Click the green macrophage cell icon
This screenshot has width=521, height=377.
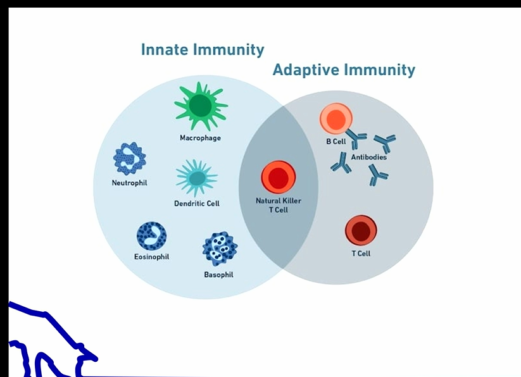[x=201, y=106]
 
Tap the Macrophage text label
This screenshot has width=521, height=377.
[x=201, y=138]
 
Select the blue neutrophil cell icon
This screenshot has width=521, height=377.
[x=129, y=158]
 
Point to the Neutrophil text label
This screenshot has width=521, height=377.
[x=129, y=183]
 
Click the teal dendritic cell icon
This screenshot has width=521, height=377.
[x=197, y=178]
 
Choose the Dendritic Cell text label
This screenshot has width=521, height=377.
[x=197, y=204]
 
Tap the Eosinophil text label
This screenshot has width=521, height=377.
[x=152, y=257]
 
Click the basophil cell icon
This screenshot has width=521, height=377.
[x=220, y=249]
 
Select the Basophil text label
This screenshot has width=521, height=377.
[x=219, y=275]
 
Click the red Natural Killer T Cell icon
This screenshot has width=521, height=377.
[x=279, y=178]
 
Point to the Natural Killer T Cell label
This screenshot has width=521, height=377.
[x=279, y=205]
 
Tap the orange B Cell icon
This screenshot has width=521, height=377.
[x=336, y=119]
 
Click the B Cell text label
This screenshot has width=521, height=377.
[x=336, y=142]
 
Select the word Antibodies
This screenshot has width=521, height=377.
[x=369, y=157]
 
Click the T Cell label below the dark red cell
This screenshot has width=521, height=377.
[x=361, y=254]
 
